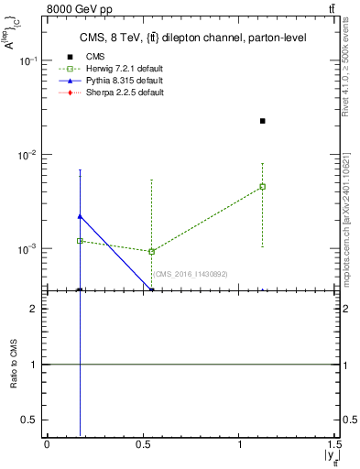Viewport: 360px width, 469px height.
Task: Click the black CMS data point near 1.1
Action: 263,121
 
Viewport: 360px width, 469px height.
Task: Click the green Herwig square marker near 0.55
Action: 152,251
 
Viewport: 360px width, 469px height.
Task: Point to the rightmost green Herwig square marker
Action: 263,187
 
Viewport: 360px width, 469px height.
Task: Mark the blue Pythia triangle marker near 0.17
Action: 80,216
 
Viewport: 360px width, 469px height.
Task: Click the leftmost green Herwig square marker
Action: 80,241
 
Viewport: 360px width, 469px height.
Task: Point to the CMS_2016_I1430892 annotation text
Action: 190,274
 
